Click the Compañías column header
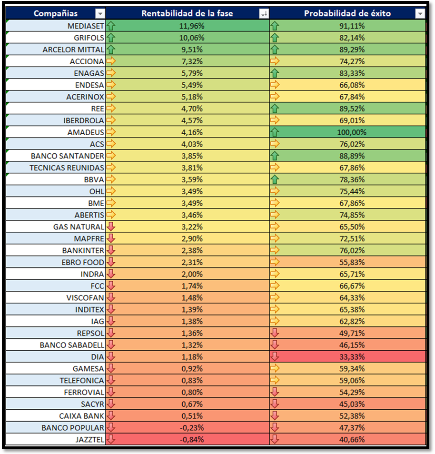click(56, 13)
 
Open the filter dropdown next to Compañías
click(100, 14)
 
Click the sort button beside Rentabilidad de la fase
click(264, 14)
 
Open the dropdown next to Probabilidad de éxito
click(420, 14)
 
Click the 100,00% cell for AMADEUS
click(349, 132)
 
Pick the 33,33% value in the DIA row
click(349, 357)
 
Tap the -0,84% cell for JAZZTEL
click(192, 440)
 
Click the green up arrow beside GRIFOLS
click(111, 38)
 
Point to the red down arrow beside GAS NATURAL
click(111, 227)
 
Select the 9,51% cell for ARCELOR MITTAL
click(192, 49)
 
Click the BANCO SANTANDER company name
click(67, 156)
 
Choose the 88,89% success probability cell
click(349, 156)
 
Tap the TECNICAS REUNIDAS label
click(67, 168)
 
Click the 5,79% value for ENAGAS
click(192, 73)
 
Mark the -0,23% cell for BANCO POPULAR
click(192, 428)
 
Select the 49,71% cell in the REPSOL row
click(349, 333)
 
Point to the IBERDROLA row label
click(84, 120)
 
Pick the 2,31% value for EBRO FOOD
click(192, 262)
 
